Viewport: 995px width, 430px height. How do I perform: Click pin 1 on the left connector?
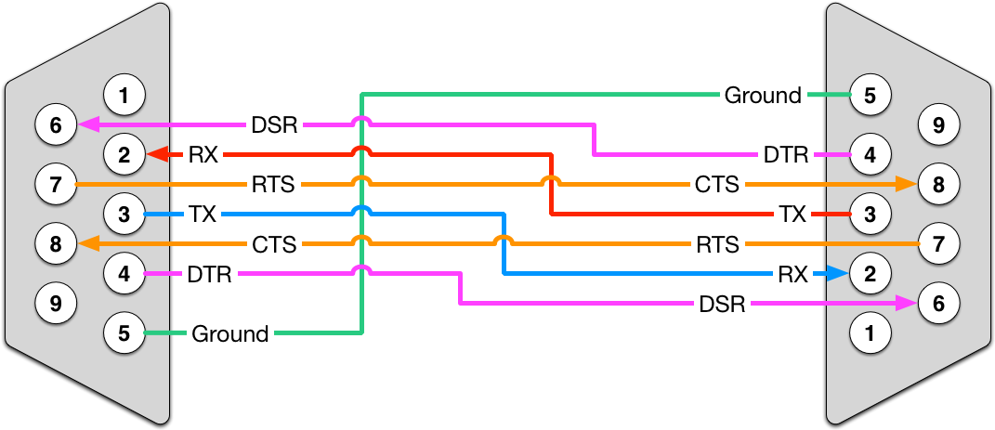[124, 94]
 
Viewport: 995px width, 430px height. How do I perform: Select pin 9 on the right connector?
[938, 124]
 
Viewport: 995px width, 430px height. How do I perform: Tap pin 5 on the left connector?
[124, 332]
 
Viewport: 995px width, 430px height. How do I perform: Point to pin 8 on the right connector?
[938, 184]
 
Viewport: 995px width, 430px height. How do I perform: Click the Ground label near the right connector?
[762, 95]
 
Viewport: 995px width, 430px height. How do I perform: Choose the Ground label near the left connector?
[229, 332]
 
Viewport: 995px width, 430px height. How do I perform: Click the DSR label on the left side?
[275, 124]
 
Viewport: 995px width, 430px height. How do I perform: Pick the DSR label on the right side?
[722, 304]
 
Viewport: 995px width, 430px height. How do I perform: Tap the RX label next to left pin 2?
[203, 154]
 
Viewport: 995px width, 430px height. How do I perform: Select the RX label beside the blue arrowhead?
[792, 273]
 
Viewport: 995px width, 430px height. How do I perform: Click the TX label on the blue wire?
[203, 215]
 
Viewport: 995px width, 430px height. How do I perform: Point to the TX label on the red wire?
[792, 215]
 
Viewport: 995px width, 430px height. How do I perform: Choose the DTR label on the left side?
[209, 274]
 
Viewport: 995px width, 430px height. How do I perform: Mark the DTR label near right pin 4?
[786, 154]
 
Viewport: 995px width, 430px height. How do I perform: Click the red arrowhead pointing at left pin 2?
[157, 154]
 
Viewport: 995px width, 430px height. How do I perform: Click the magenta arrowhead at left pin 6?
[88, 124]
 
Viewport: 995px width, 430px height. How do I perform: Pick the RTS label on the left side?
[273, 185]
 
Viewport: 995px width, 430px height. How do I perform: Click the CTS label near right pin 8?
[717, 185]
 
